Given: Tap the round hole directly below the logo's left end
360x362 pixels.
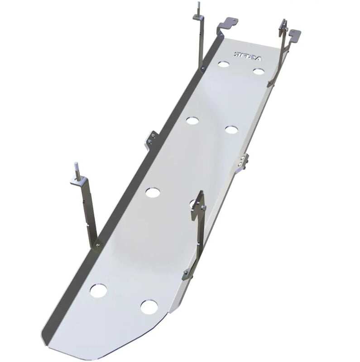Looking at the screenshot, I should click(223, 64).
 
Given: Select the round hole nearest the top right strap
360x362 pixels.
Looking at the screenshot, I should click(259, 71).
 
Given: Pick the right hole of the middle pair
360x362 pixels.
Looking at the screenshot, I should click(231, 129).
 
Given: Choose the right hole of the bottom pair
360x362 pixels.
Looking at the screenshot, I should click(148, 307).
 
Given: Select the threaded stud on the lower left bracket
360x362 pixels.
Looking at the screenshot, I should click(77, 172).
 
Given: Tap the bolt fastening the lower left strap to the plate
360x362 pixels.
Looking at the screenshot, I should click(98, 245).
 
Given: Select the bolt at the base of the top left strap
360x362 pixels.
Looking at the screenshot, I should click(202, 68).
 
